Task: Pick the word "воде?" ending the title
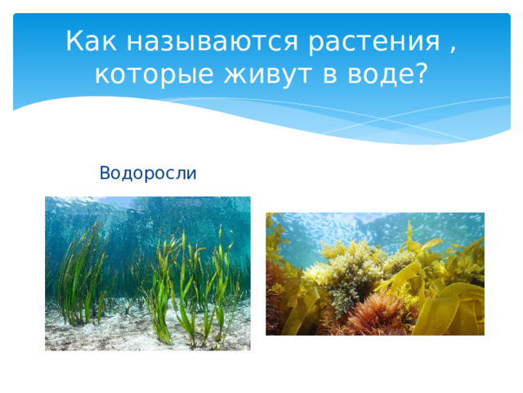[389, 75]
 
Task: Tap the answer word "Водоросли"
[147, 173]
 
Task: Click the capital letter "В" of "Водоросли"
[104, 173]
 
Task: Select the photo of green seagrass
[147, 273]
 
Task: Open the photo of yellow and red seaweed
[374, 273]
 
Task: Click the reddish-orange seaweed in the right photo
[372, 315]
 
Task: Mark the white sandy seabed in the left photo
[106, 336]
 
